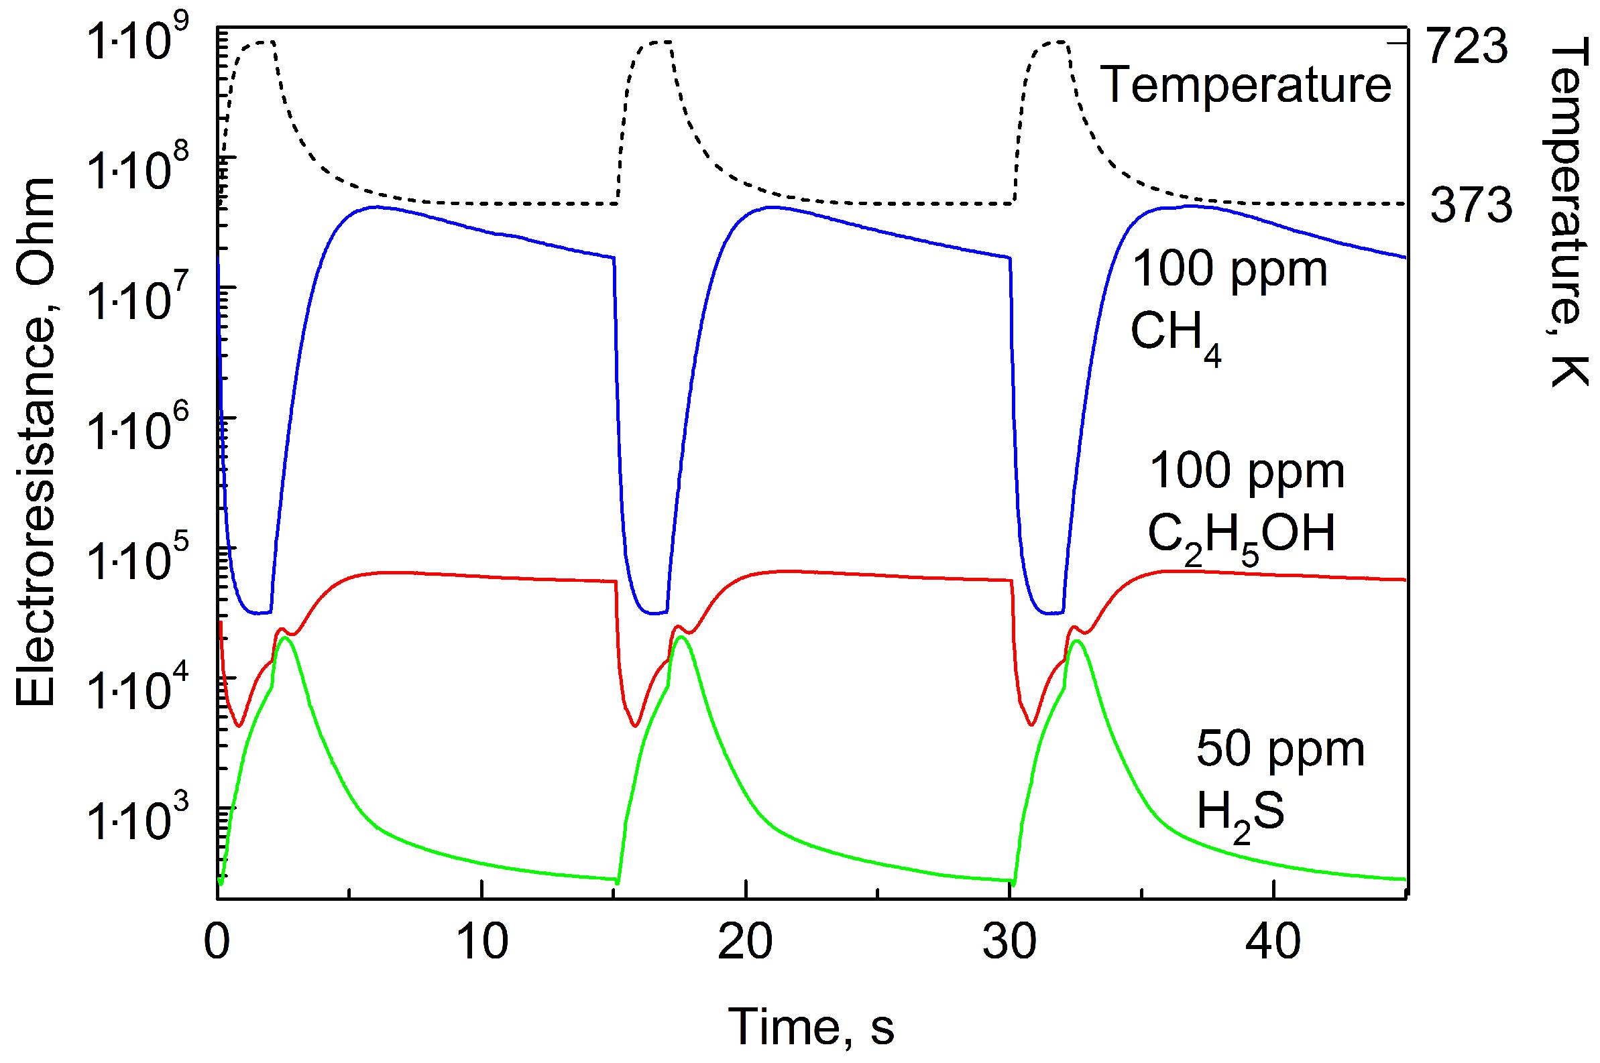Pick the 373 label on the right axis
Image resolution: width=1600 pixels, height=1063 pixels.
pos(1471,204)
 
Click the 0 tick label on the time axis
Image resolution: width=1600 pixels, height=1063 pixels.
pos(217,942)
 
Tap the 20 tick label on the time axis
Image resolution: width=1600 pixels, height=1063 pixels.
pos(745,942)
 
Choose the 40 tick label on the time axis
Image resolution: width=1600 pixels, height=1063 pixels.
pos(1272,942)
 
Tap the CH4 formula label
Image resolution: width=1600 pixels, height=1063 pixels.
pos(1176,334)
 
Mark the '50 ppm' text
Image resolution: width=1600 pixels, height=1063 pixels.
pos(1280,750)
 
